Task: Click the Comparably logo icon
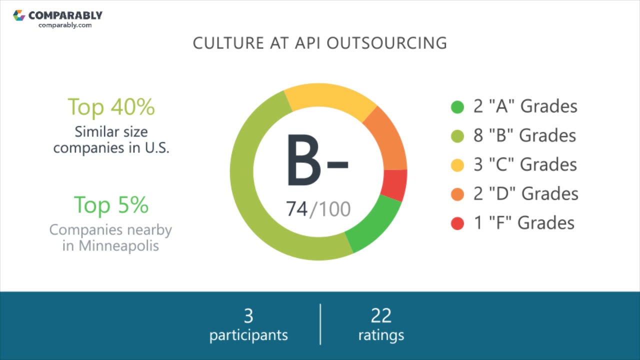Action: [19, 15]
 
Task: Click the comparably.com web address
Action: [65, 25]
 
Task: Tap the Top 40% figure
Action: [111, 106]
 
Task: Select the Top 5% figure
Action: [111, 204]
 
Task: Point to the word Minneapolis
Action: [118, 246]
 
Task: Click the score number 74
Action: [297, 208]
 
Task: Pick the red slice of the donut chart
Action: [394, 184]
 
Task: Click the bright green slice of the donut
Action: [374, 223]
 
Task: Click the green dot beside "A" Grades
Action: [457, 107]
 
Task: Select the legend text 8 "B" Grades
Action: [524, 135]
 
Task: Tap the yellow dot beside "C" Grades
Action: [457, 165]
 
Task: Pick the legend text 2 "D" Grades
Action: [525, 193]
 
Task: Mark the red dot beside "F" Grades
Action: [457, 223]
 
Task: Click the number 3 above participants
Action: [248, 316]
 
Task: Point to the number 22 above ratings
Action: [381, 316]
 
